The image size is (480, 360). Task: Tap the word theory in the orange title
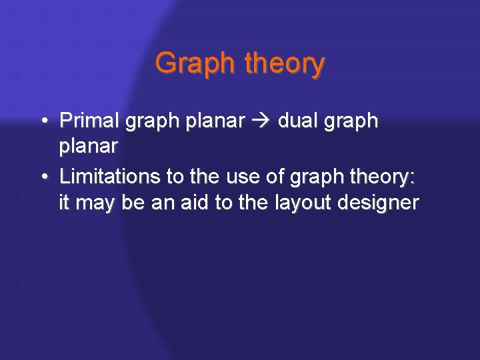pos(285,64)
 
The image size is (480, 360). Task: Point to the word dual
pos(297,121)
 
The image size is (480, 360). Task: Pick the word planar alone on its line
pos(89,146)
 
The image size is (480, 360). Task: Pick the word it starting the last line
pos(64,202)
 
